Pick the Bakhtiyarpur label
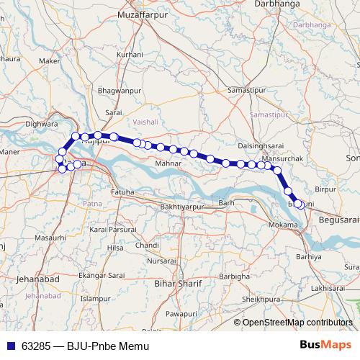tap(182, 207)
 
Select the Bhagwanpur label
tap(117, 91)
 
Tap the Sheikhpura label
tap(260, 298)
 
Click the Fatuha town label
tap(122, 192)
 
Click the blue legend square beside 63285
tap(10, 346)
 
